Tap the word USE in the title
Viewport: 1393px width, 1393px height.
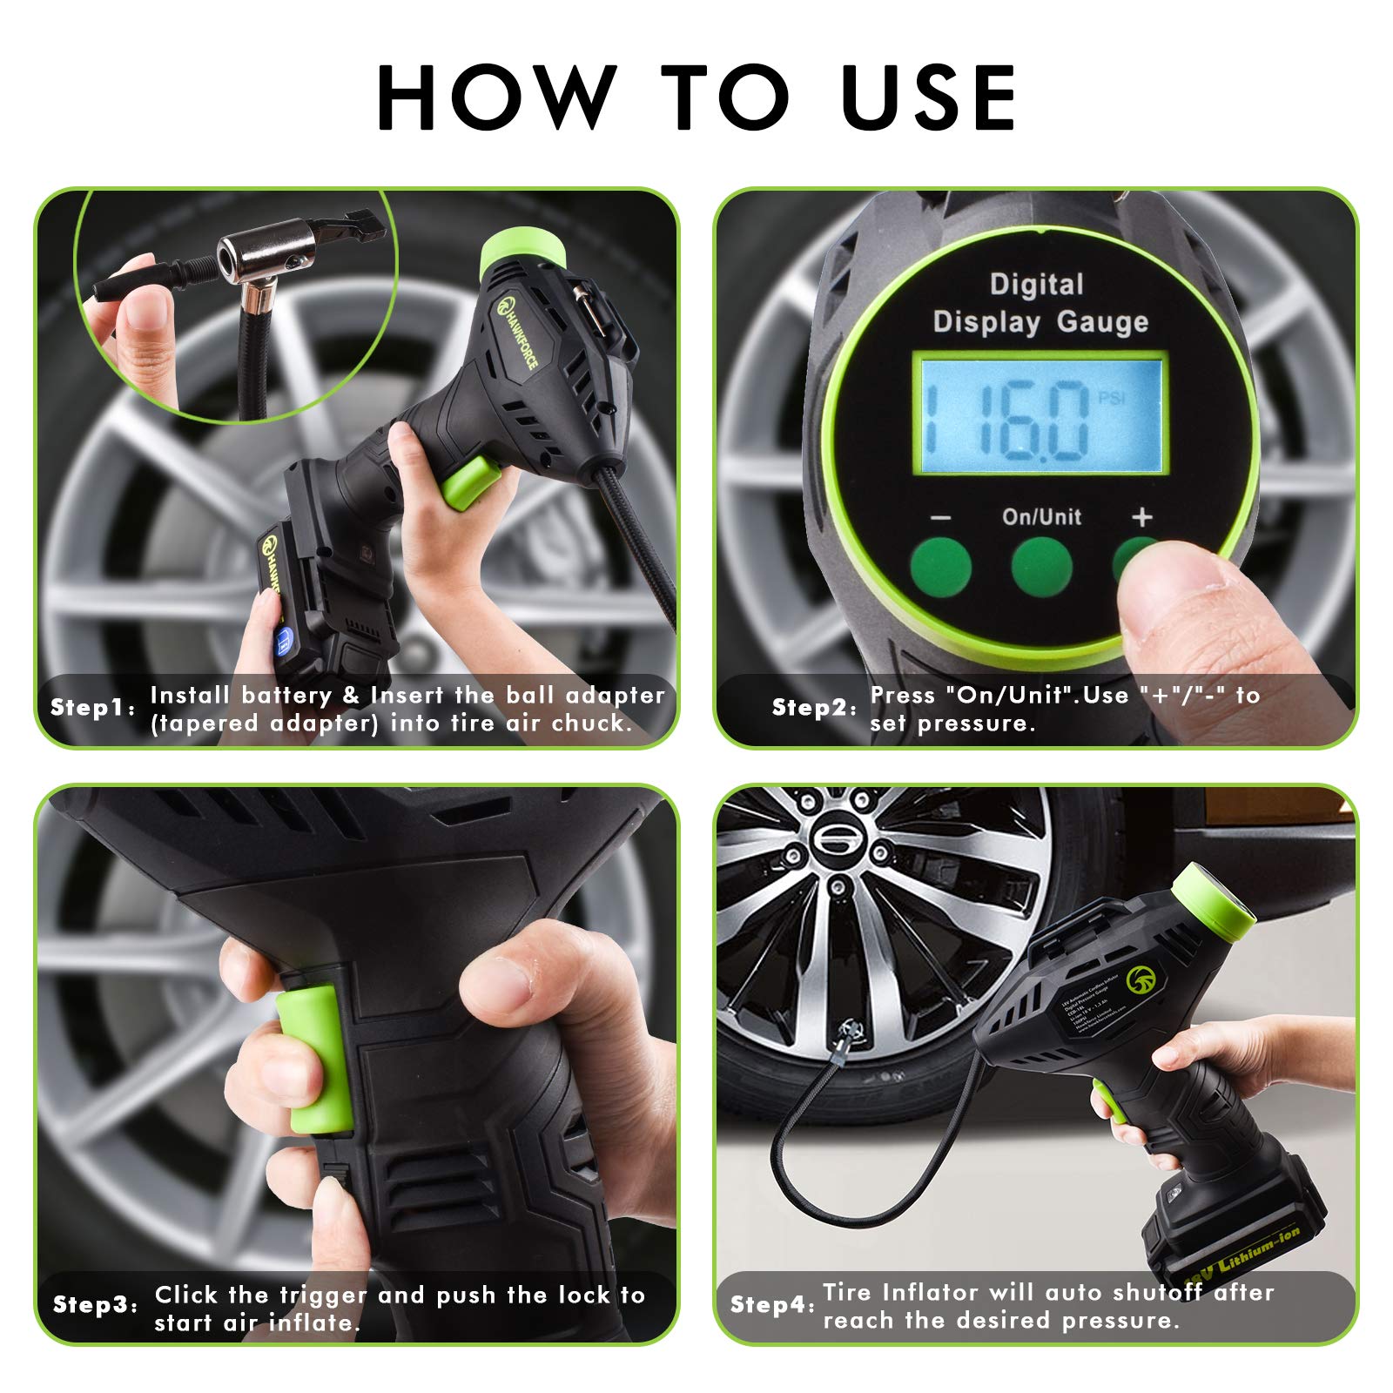click(x=929, y=98)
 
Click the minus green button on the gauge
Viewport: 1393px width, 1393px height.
click(x=940, y=565)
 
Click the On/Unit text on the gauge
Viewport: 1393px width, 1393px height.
click(x=1041, y=517)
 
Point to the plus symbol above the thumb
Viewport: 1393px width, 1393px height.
click(x=1142, y=517)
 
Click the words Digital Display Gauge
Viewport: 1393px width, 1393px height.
click(x=1040, y=303)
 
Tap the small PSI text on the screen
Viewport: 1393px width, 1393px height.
click(x=1112, y=398)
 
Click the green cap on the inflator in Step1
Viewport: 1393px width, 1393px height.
click(x=522, y=251)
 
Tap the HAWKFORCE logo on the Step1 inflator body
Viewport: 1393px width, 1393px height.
click(x=518, y=331)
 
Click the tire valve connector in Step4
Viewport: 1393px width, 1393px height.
click(x=846, y=1039)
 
